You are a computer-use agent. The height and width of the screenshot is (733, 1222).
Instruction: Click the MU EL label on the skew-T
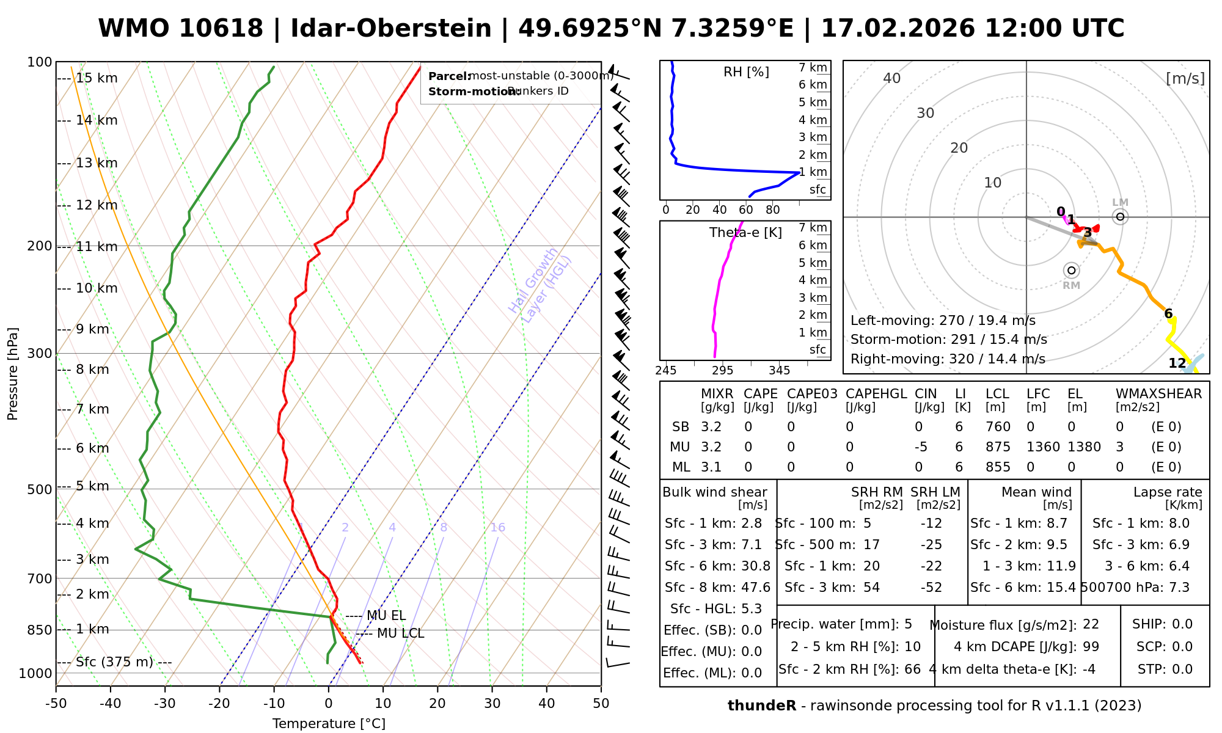[386, 616]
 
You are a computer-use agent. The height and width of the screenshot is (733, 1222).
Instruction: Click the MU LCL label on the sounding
[400, 633]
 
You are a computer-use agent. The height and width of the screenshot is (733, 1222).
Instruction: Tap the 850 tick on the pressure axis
[40, 630]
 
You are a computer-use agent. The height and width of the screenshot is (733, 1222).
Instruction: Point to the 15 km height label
[97, 78]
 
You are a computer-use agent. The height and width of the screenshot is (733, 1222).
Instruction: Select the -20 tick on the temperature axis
[219, 704]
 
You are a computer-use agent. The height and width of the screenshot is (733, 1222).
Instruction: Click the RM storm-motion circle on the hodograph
[1071, 271]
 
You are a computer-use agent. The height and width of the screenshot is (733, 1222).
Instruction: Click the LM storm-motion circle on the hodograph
[1120, 216]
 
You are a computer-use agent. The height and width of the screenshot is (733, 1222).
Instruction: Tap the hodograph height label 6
[1168, 314]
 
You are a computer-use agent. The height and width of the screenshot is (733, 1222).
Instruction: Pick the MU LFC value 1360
[1043, 447]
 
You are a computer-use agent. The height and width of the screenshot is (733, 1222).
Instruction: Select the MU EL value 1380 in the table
[1084, 447]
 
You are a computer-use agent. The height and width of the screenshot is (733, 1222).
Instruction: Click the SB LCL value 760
[998, 427]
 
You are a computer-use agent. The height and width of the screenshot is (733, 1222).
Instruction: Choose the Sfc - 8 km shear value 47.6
[756, 588]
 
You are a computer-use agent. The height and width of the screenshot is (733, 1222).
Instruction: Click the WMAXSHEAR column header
[1158, 394]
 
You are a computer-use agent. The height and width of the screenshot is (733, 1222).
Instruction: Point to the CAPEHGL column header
[876, 394]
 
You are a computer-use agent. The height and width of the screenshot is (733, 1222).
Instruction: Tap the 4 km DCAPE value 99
[1091, 647]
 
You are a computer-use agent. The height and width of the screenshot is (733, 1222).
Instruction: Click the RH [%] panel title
[746, 72]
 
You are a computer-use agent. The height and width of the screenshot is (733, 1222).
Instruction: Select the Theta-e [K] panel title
[745, 233]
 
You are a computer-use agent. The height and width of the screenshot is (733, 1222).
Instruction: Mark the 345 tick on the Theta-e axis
[779, 371]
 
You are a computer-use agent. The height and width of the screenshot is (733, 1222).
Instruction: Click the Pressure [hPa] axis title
[13, 374]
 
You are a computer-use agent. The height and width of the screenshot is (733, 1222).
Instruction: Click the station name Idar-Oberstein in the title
[391, 29]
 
